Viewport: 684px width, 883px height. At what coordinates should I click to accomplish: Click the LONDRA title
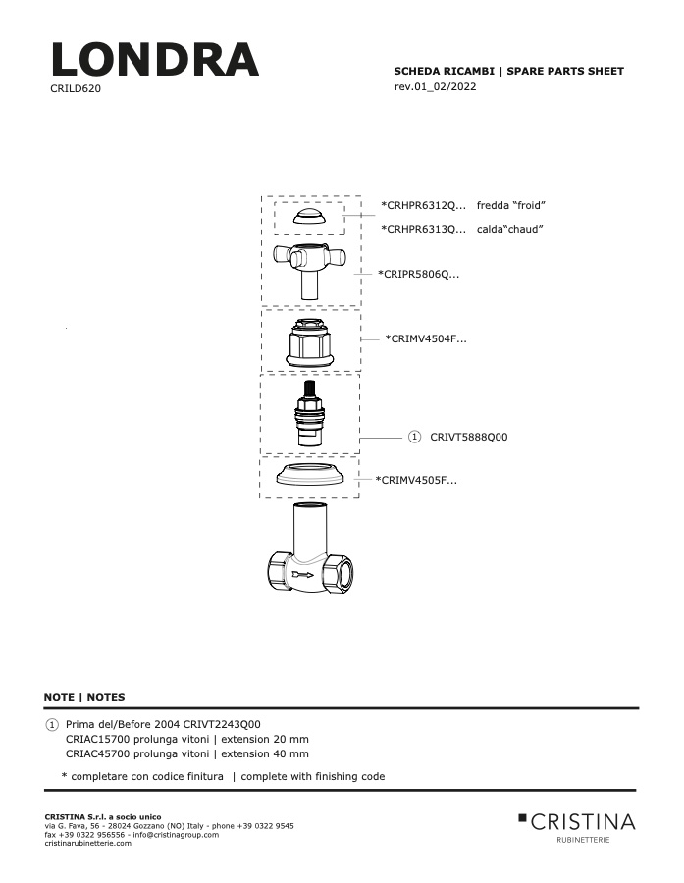(x=155, y=59)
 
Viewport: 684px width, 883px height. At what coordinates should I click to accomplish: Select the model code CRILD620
(x=76, y=88)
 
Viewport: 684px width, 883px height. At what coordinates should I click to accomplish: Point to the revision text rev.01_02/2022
(x=435, y=86)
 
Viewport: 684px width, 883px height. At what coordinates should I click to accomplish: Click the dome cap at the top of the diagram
(x=310, y=216)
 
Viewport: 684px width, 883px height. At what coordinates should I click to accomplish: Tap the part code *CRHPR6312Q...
(x=424, y=206)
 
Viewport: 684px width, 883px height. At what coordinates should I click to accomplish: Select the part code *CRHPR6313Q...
(x=424, y=230)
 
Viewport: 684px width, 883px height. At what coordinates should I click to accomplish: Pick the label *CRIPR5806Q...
(x=419, y=275)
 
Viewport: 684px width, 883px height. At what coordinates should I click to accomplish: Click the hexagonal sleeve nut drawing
(x=310, y=342)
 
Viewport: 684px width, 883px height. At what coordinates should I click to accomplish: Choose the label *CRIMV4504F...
(x=426, y=339)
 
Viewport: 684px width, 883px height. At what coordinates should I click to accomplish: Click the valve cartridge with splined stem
(x=310, y=414)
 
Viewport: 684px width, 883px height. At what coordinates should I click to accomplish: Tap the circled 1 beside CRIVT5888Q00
(x=414, y=437)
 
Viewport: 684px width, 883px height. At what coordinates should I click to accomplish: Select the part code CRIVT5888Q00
(x=469, y=437)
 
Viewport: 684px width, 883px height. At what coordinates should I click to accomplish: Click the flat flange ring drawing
(x=310, y=475)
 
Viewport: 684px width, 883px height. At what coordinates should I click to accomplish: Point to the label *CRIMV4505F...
(x=416, y=481)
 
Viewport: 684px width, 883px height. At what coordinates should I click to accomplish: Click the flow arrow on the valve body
(x=303, y=575)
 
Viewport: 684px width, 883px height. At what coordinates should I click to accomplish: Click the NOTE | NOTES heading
(x=84, y=697)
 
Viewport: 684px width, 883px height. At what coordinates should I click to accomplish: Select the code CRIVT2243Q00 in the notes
(x=222, y=724)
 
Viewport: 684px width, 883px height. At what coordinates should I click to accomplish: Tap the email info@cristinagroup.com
(x=176, y=835)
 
